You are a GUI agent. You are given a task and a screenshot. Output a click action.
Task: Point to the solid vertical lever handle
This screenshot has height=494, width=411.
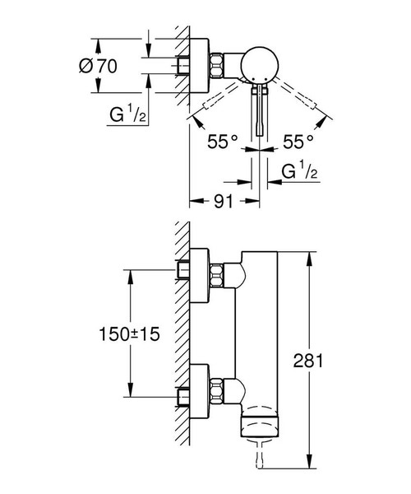click(x=261, y=111)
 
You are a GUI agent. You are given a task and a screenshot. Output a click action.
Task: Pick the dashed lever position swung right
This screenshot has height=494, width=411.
click(x=307, y=104)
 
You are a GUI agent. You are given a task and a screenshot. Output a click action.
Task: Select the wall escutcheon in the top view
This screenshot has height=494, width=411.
click(x=196, y=64)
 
